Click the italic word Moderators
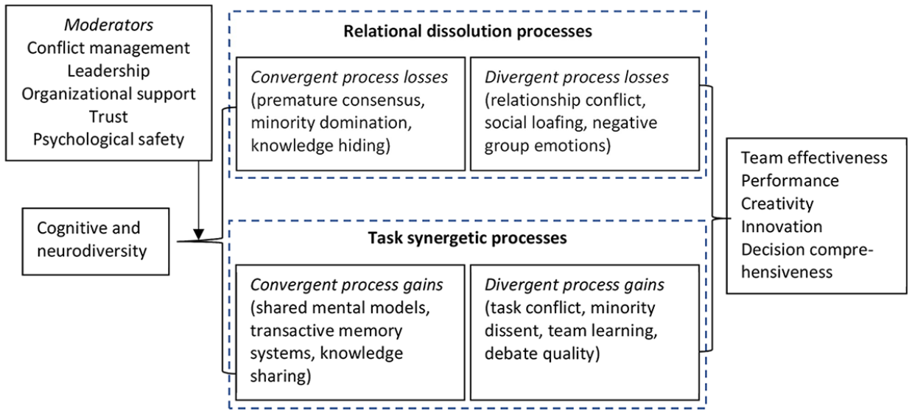tap(109, 25)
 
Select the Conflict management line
tap(108, 48)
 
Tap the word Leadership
tap(108, 71)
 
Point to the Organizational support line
tap(108, 94)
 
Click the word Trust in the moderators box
tap(108, 117)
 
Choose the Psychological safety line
tap(108, 140)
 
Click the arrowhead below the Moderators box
tap(198, 235)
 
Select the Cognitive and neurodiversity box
tap(96, 242)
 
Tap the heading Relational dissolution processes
tap(468, 32)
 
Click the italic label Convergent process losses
tap(349, 77)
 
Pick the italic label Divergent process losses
tap(577, 77)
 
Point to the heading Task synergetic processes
tap(467, 238)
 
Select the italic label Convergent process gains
tap(346, 285)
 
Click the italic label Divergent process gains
tap(575, 285)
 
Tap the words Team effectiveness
tap(814, 158)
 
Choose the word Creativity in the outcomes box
tap(777, 204)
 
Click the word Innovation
tap(782, 227)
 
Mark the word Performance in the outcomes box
tap(790, 180)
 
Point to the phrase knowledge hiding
tap(320, 146)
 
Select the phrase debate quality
tap(542, 354)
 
